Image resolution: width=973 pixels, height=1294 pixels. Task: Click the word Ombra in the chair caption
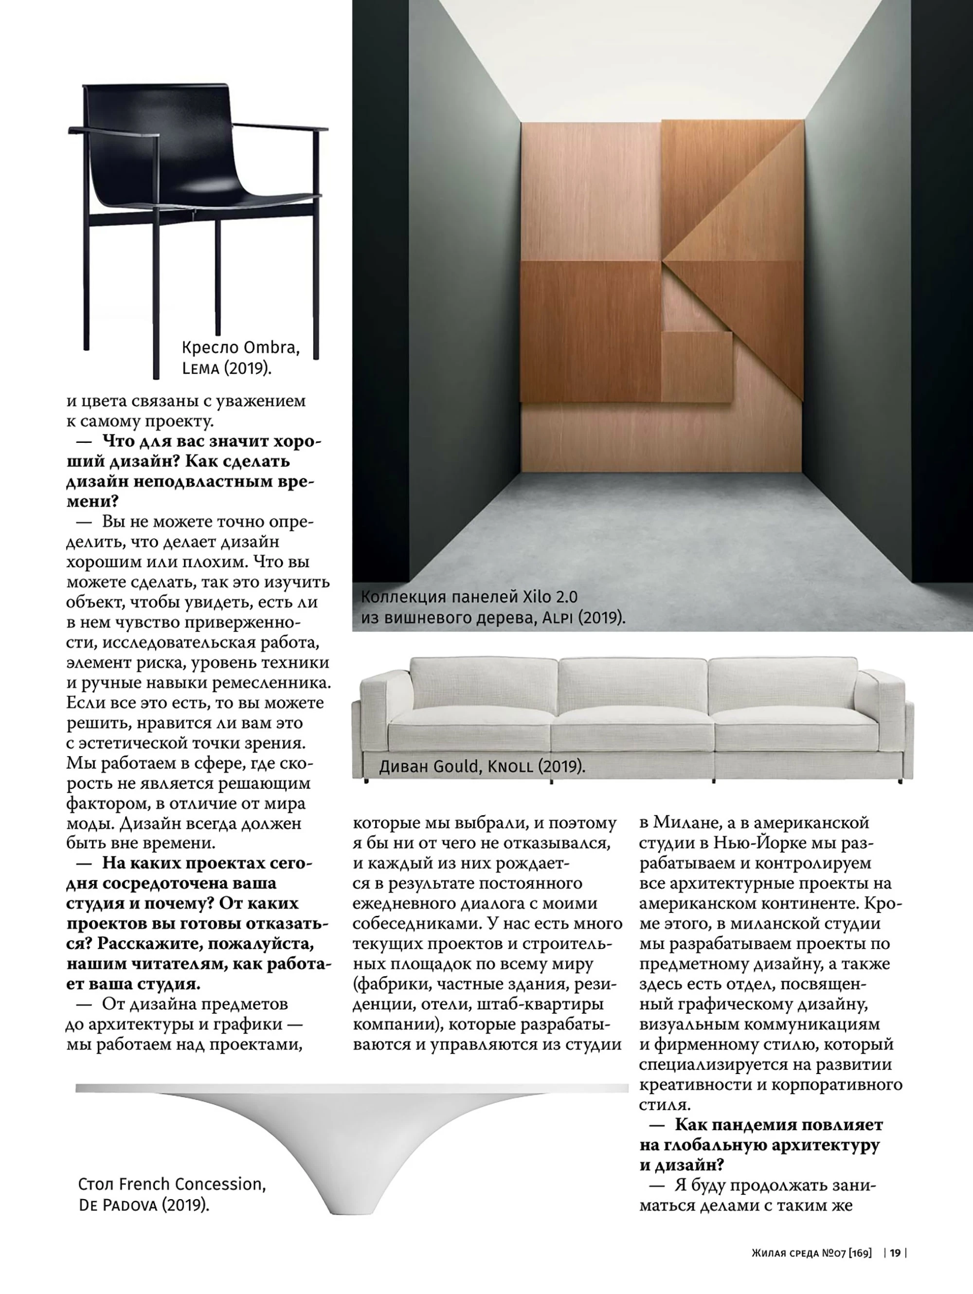pyautogui.click(x=270, y=347)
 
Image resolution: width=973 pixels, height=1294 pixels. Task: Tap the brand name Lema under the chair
pyautogui.click(x=200, y=368)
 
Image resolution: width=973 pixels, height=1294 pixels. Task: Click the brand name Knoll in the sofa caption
pyautogui.click(x=510, y=766)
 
